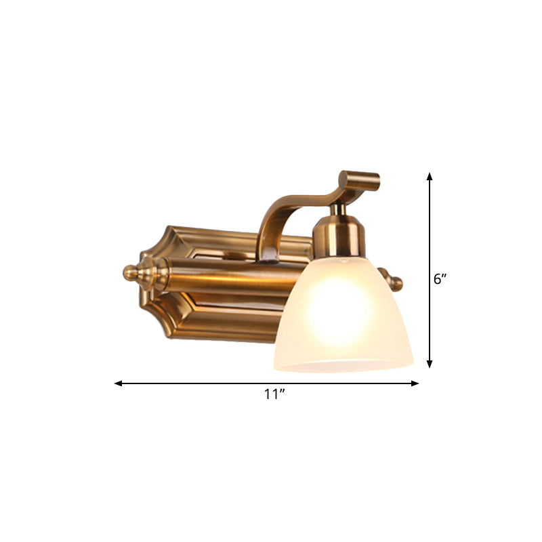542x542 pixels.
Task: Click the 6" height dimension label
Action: click(x=441, y=278)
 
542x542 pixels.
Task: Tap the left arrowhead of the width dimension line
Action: click(x=118, y=383)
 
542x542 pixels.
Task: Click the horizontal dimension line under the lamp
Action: click(x=203, y=383)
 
